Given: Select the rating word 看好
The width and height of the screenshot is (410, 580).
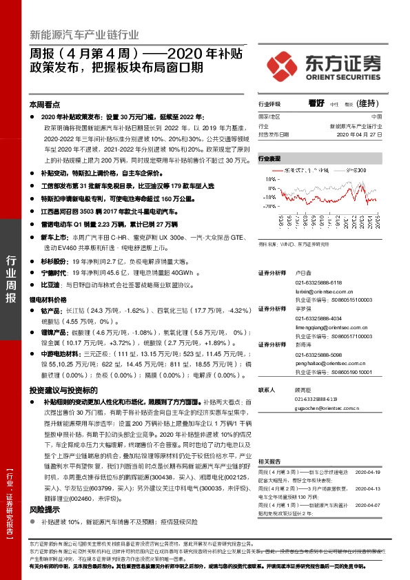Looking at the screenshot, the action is [316, 103].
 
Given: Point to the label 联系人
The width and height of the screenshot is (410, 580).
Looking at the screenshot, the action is [266, 389].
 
